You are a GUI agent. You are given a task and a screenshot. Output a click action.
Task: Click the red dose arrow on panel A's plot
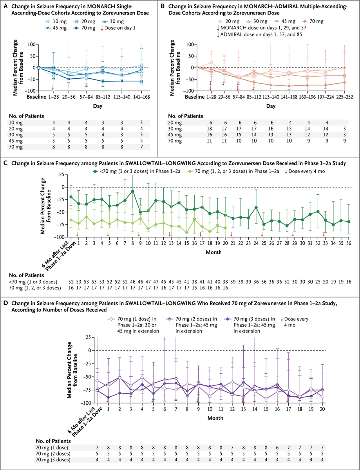tap(52, 88)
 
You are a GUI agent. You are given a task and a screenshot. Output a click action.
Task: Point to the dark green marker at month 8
tap(133, 191)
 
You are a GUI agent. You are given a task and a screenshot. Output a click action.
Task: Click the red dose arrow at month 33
tap(324, 234)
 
